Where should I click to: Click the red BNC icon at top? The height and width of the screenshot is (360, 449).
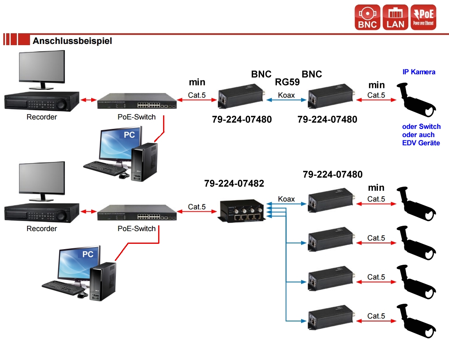pos(368,17)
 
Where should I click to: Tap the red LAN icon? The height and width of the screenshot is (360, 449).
pos(395,17)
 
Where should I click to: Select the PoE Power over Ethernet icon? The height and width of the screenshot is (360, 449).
pos(423,17)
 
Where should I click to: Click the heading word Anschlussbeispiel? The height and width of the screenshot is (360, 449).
pos(72,41)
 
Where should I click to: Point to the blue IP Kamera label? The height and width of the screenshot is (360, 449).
pos(419,72)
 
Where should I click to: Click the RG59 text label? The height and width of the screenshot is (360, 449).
pos(287,82)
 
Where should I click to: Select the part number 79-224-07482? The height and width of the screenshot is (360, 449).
pos(234,183)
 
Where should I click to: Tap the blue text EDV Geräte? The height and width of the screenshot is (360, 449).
pos(421,143)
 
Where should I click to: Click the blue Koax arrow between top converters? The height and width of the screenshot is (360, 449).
pos(287,100)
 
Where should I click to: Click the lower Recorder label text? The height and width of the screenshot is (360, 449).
pos(41,229)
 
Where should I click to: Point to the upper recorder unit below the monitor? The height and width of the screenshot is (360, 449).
pos(41,101)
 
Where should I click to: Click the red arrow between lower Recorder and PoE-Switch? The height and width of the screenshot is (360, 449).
pos(88,211)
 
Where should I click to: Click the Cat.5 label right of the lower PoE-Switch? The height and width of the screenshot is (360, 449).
pos(197,207)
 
